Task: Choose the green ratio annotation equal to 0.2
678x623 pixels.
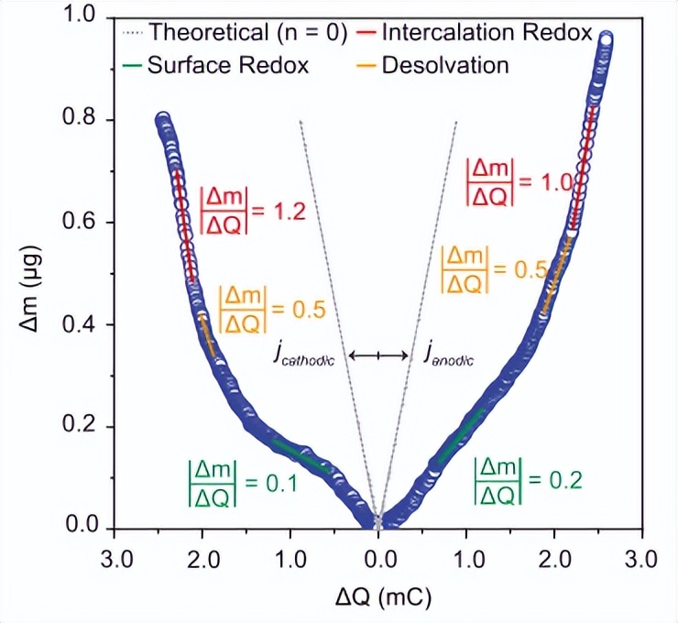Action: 524,478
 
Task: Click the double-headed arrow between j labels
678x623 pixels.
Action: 379,355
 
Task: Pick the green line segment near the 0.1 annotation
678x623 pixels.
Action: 302,454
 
